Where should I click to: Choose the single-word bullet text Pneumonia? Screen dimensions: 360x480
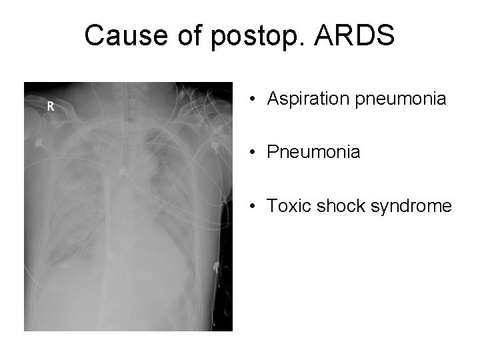[313, 153]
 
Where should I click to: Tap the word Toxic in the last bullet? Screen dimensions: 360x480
[286, 206]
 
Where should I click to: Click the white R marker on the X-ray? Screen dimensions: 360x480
[49, 106]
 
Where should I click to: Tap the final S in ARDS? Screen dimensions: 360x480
[385, 35]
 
